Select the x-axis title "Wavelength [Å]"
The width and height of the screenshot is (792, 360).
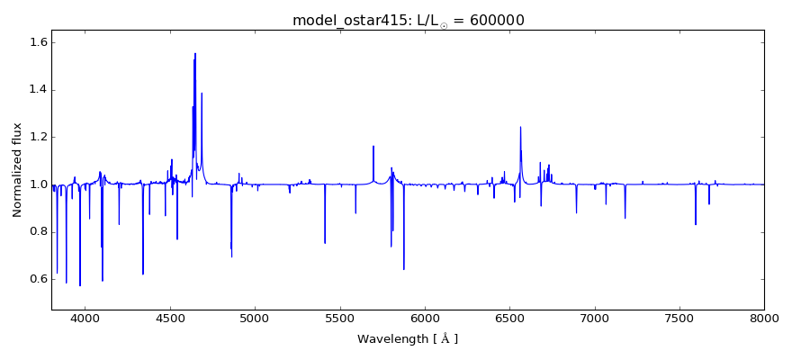[408, 339]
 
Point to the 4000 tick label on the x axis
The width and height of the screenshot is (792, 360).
[85, 318]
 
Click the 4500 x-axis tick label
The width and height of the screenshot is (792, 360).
[170, 318]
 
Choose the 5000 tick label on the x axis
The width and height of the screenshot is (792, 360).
[255, 318]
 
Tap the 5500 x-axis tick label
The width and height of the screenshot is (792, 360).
[339, 318]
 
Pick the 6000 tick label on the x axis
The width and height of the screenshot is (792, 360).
[425, 318]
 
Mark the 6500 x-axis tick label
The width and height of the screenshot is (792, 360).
[509, 318]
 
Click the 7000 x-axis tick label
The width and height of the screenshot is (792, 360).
[594, 318]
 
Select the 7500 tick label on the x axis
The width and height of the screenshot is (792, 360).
[679, 318]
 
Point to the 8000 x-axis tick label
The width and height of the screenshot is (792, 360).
[764, 318]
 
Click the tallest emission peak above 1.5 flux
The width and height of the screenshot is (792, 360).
[194, 53]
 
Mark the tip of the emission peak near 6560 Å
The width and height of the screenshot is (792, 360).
[520, 127]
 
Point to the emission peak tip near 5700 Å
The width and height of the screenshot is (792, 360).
[373, 146]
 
